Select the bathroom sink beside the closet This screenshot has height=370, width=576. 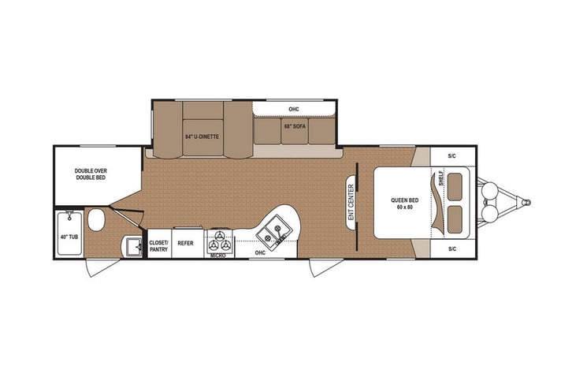(133, 246)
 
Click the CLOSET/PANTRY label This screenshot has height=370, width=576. (159, 245)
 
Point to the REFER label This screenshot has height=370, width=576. (186, 244)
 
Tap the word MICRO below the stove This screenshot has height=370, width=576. (218, 256)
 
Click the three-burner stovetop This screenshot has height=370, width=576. (219, 241)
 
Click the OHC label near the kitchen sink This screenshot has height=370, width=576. (261, 252)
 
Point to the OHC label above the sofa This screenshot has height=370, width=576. (295, 109)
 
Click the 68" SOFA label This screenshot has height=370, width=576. (295, 126)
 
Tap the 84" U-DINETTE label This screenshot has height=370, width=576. (202, 136)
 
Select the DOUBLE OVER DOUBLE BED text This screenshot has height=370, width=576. (91, 174)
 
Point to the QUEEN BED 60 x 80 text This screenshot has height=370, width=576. (404, 203)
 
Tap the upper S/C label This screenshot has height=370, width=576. (452, 156)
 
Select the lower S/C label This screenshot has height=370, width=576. (452, 249)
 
